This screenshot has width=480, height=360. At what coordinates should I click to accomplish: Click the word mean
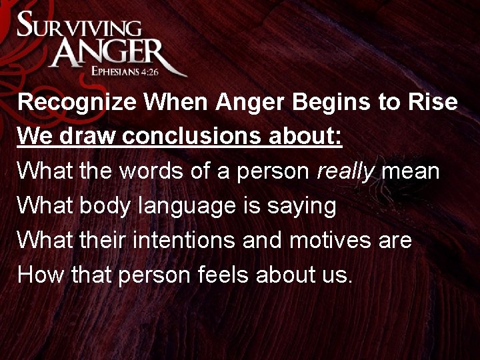[x=413, y=172]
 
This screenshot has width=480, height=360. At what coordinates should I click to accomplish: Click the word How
[x=39, y=275]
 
